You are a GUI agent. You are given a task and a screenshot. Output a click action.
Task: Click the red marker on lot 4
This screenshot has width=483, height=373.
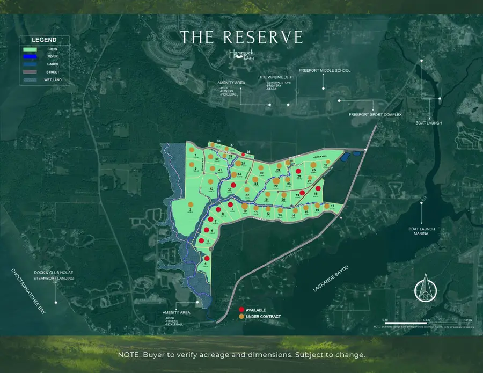(x=207, y=259)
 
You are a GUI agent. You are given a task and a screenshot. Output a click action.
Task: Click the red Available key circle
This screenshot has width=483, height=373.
(x=241, y=310)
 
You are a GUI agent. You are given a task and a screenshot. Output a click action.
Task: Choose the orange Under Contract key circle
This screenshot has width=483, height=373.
(x=241, y=316)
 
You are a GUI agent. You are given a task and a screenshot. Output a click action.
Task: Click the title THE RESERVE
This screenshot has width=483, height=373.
(x=241, y=37)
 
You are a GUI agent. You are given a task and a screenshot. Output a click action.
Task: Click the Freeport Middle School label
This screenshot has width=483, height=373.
(x=324, y=71)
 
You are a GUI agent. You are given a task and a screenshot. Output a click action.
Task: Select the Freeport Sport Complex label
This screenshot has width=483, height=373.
(x=375, y=114)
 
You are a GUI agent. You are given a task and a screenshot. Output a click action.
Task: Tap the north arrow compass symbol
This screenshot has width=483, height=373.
(x=425, y=288)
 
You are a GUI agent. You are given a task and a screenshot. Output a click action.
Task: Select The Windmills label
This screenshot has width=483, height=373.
(x=270, y=77)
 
